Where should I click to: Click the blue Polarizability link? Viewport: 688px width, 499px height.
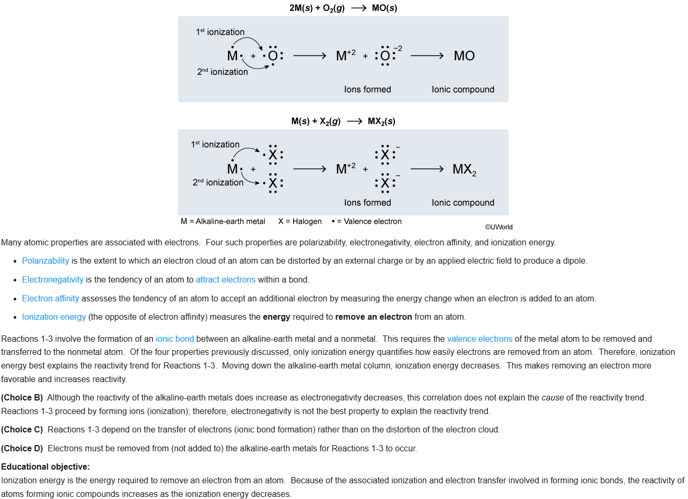[x=46, y=261]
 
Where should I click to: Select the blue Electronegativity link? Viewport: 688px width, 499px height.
[x=52, y=279]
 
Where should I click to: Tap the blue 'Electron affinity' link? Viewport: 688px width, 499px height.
[x=50, y=298]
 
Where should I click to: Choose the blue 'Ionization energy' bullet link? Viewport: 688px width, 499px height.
[x=54, y=317]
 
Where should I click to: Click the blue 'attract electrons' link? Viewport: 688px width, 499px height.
[x=225, y=279]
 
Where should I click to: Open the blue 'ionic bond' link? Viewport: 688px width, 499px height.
[x=175, y=339]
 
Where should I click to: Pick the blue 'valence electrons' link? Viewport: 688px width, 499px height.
[x=479, y=339]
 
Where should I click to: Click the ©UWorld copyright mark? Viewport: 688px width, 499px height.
[x=499, y=227]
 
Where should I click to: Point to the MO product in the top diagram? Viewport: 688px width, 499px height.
[x=464, y=56]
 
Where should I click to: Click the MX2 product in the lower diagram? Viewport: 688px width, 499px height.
[x=464, y=169]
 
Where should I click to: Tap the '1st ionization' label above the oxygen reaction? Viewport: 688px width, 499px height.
[x=220, y=32]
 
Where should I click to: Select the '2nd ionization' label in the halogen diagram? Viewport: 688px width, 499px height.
[x=218, y=182]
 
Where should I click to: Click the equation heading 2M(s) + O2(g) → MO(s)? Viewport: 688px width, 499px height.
[x=343, y=8]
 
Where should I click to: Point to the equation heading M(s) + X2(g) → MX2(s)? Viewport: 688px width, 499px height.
[x=343, y=121]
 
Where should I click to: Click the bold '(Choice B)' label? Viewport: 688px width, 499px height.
[x=22, y=397]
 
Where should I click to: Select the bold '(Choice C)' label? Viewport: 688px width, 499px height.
[x=22, y=429]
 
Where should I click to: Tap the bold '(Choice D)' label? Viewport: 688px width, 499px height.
[x=22, y=448]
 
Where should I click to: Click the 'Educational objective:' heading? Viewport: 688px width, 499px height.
[x=46, y=467]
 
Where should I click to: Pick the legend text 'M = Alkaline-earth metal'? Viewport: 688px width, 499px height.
[x=223, y=221]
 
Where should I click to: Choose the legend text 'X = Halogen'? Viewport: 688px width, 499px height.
[x=300, y=221]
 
